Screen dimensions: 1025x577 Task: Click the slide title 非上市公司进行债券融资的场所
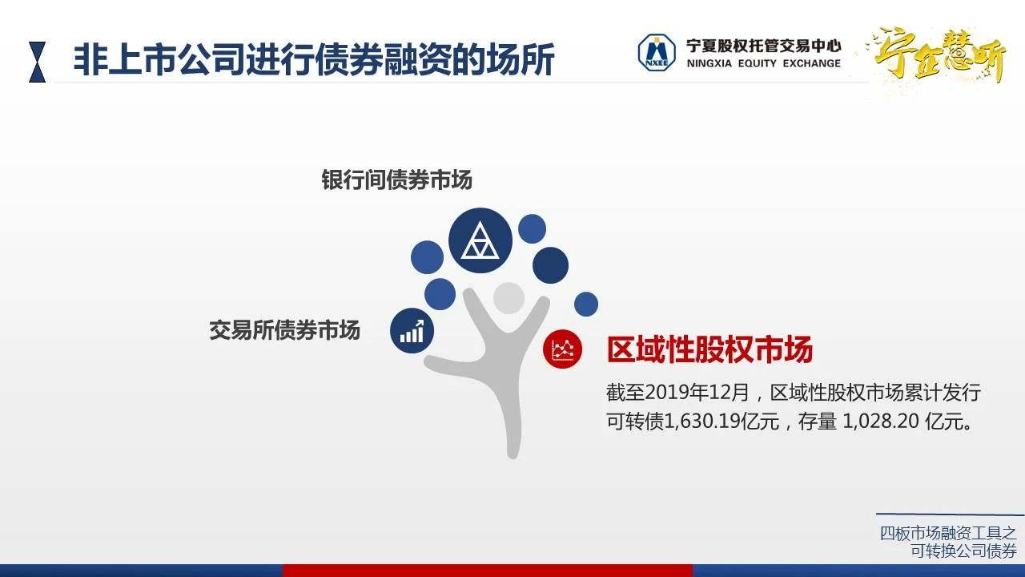(x=314, y=59)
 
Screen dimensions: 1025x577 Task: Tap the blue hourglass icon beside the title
(x=38, y=62)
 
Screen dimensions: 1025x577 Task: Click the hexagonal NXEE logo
(x=657, y=53)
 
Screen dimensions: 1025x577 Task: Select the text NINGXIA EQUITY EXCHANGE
(x=764, y=63)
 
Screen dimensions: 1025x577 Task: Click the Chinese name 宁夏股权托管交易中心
(x=764, y=46)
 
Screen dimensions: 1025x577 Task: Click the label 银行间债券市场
(x=396, y=180)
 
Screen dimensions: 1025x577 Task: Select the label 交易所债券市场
(x=284, y=330)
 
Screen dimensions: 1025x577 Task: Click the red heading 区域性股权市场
(x=709, y=349)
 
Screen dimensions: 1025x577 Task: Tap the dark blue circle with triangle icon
(x=480, y=240)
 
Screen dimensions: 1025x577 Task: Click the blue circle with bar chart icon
(x=412, y=331)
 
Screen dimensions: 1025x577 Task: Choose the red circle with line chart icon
(x=562, y=349)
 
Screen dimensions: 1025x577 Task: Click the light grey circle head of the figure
(x=508, y=298)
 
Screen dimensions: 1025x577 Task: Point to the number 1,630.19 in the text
(x=701, y=422)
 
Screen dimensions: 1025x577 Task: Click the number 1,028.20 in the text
(x=880, y=422)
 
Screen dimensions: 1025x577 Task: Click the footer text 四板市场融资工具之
(x=948, y=534)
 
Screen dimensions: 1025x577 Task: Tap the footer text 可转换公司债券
(x=963, y=551)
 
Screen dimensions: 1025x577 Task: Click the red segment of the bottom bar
(x=488, y=571)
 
